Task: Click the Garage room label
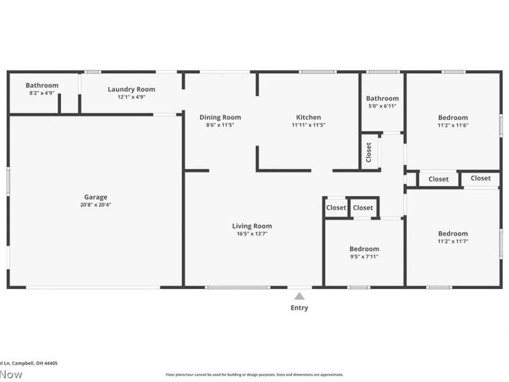point(95,197)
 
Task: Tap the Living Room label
point(251,226)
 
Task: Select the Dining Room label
point(220,117)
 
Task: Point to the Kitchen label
point(309,117)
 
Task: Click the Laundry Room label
point(131,90)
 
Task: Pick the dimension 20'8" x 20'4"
point(95,205)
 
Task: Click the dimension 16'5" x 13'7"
point(251,234)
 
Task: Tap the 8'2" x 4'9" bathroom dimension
point(42,93)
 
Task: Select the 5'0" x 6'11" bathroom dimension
point(382,106)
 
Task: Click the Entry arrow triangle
point(299,296)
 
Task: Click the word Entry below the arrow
point(299,308)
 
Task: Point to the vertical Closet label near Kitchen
point(369,152)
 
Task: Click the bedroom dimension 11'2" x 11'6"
point(453,125)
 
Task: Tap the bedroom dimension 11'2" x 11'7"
point(453,241)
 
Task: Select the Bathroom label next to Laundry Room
point(42,85)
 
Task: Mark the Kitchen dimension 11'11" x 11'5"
point(309,125)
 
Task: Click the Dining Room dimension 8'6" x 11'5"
point(220,125)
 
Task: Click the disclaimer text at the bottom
point(254,375)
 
